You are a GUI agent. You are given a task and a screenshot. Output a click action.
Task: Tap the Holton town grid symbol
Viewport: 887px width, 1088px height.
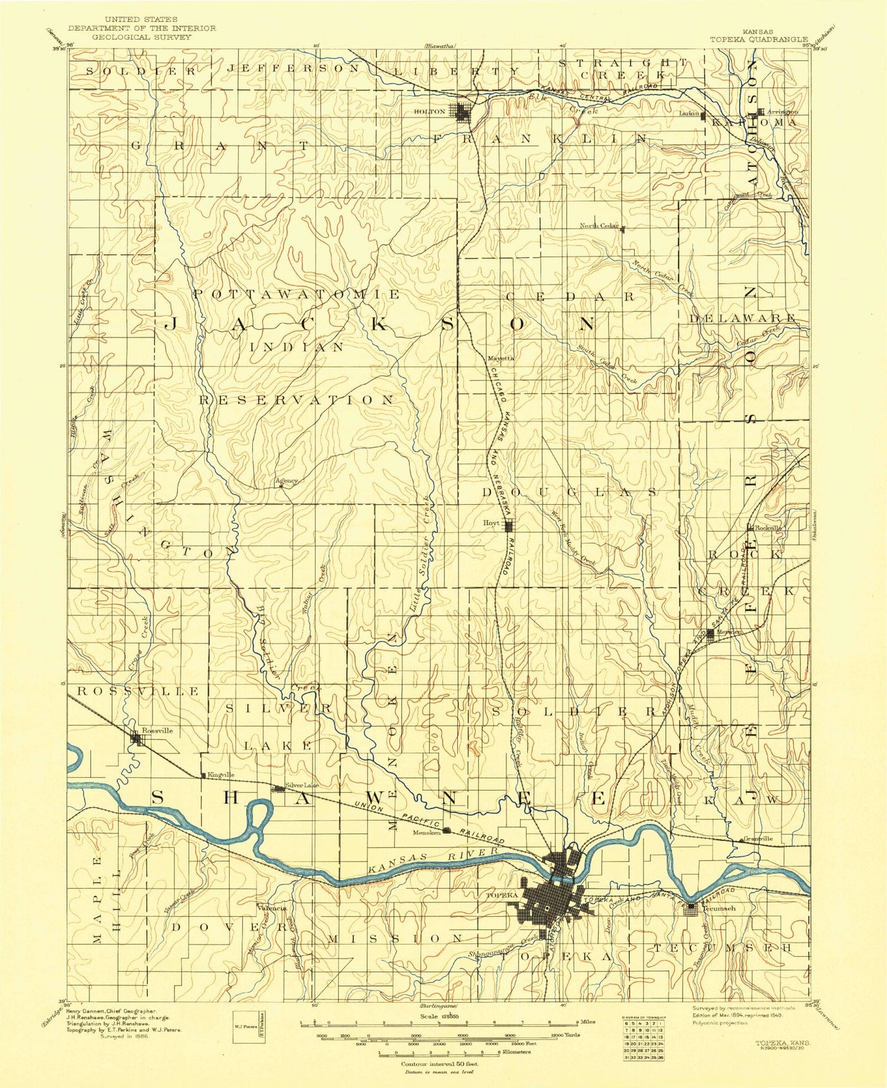coord(461,112)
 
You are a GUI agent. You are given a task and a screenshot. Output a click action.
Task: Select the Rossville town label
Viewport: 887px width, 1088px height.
coord(157,730)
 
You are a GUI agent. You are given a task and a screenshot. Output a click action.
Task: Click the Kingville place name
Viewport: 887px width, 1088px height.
coord(221,775)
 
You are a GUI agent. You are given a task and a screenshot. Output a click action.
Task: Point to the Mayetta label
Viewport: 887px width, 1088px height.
coord(501,358)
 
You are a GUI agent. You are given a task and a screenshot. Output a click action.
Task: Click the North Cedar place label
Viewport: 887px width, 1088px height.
coord(599,226)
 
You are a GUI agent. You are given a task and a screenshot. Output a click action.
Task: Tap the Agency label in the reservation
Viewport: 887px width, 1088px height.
coord(287,480)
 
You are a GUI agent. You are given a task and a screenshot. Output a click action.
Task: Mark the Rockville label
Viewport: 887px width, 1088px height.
coord(768,527)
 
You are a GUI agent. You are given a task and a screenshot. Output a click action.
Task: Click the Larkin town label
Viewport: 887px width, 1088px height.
coord(689,113)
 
